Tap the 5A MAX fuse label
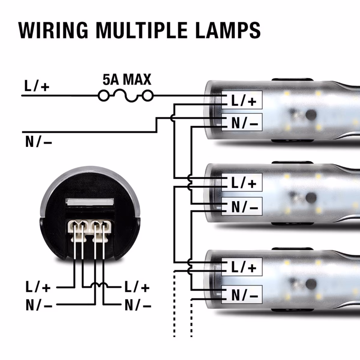pos(127,80)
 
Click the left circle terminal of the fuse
pos(103,96)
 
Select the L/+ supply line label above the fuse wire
pos(37,86)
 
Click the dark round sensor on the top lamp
pos(311,114)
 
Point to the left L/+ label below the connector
pos(38,287)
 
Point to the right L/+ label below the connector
pos(137,287)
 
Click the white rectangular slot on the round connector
pos(90,202)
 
